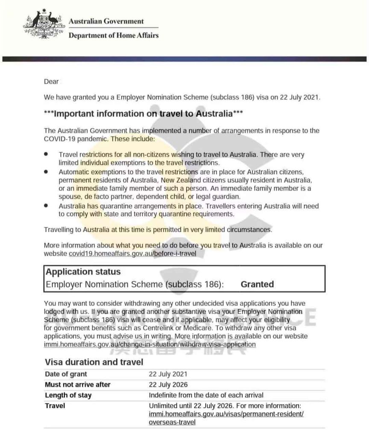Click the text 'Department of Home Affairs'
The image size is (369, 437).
113,35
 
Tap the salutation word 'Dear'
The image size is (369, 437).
51,82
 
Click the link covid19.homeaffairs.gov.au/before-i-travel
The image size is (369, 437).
132,254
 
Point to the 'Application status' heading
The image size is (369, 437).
83,272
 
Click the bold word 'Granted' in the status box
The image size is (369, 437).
257,284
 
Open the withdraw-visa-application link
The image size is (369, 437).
150,344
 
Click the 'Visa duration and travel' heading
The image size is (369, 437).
94,362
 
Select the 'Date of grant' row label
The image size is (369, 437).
66,374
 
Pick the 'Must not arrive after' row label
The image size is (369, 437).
78,385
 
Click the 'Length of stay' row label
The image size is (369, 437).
68,395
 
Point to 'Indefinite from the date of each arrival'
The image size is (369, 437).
206,395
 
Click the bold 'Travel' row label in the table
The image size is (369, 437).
55,406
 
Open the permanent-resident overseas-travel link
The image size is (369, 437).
226,414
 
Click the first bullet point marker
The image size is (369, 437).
46,154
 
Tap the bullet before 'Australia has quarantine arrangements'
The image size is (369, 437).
46,205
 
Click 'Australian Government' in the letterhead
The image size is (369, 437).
106,21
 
